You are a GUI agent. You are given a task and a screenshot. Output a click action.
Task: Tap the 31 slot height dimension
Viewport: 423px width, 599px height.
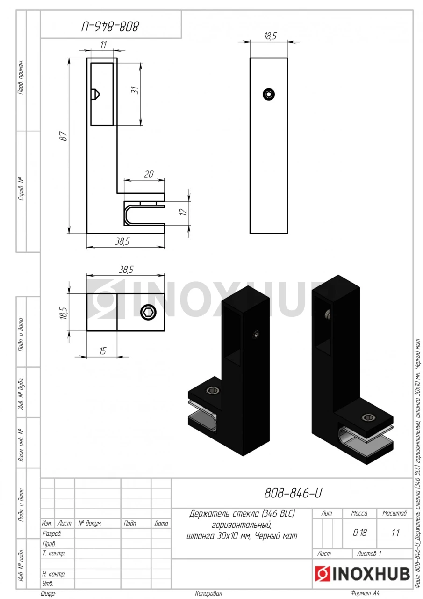coord(135,89)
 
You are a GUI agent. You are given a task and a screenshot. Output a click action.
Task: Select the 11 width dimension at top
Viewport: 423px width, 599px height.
coord(103,44)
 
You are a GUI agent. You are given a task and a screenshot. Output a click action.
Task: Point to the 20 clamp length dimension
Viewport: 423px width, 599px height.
coord(149,175)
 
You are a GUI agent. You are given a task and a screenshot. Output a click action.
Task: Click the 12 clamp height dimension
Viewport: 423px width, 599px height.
coord(184,212)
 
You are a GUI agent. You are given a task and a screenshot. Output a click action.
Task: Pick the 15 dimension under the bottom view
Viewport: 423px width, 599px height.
coord(102,351)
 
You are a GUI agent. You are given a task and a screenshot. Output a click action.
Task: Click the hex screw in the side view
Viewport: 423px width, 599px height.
coord(269,95)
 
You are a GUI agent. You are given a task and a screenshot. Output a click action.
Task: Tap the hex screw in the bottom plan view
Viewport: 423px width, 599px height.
coord(148,312)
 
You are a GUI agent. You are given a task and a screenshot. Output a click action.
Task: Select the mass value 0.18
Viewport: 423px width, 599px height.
coord(359,533)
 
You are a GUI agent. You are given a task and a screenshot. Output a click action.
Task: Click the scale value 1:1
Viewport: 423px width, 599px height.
coord(395,533)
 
